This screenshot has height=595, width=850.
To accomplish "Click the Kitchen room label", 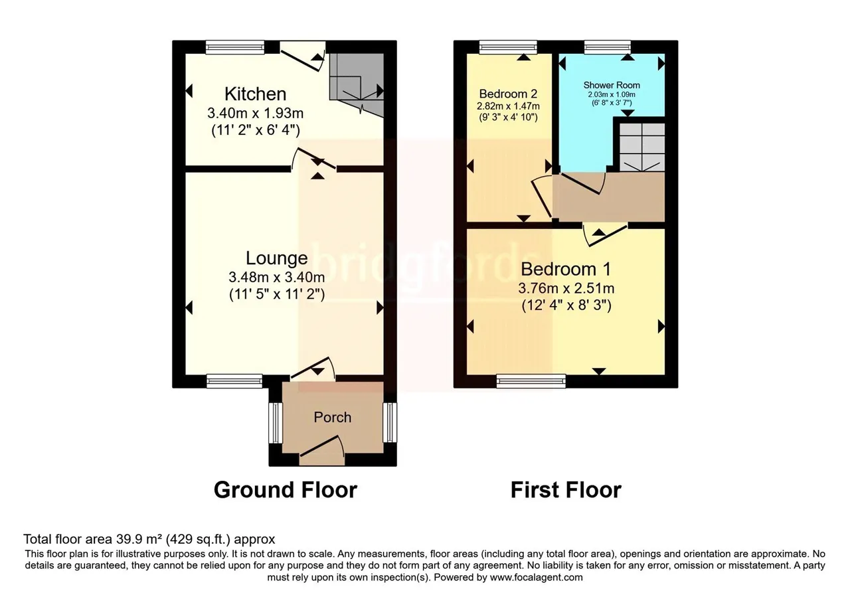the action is (x=256, y=94).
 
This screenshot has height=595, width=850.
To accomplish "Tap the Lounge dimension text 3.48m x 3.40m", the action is (x=277, y=278).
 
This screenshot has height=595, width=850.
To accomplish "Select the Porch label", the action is (x=333, y=418).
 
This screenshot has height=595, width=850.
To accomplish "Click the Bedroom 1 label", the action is (x=566, y=269).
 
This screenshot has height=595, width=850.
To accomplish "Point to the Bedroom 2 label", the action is (x=509, y=94).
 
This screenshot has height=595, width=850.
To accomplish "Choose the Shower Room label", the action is (x=612, y=85).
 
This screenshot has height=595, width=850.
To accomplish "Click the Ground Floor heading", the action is (x=286, y=490).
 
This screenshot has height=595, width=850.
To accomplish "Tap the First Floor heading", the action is (x=566, y=490).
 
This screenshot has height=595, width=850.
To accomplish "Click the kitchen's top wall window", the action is (x=235, y=47).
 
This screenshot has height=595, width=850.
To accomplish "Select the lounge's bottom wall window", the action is (x=234, y=381).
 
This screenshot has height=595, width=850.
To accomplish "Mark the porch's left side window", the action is (x=276, y=423).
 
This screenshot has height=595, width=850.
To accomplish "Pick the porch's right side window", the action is (x=390, y=422).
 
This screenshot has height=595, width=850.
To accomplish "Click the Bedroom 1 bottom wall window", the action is (x=531, y=381).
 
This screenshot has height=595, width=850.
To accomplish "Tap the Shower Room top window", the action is (x=608, y=47).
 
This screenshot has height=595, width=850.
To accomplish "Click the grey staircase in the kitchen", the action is (x=357, y=84).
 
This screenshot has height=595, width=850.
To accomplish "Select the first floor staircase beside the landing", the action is (x=642, y=147).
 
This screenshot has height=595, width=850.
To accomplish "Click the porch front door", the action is (x=322, y=450).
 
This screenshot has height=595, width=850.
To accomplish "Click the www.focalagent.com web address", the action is (x=536, y=578).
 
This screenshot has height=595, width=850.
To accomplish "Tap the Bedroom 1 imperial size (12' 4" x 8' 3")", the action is (x=566, y=305).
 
